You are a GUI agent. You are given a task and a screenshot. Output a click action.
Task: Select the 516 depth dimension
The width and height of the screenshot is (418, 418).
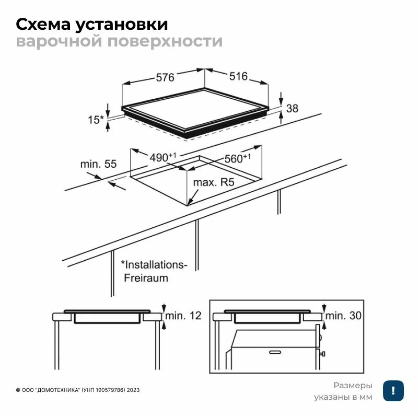click(238, 76)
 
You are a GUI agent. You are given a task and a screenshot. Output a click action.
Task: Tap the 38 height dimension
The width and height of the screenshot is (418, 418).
click(293, 109)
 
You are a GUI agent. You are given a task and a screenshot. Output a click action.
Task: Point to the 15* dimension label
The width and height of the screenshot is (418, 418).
click(96, 120)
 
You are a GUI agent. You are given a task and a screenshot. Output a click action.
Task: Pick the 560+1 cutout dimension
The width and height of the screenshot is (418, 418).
click(238, 158)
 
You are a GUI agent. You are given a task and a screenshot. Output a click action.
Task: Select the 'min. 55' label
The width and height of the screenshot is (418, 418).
click(98, 164)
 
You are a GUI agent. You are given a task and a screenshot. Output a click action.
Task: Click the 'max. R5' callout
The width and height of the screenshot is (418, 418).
click(213, 183)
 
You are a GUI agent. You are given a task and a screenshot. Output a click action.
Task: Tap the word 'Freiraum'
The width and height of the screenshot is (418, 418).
click(146, 278)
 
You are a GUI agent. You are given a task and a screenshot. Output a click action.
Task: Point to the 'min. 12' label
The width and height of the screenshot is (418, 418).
click(183, 316)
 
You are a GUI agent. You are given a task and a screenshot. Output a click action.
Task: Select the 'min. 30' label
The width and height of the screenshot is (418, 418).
click(343, 316)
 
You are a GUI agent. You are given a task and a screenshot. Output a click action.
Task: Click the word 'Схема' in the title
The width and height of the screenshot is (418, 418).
click(44, 25)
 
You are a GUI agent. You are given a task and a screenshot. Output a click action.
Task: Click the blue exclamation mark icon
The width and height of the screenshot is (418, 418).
click(392, 391)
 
